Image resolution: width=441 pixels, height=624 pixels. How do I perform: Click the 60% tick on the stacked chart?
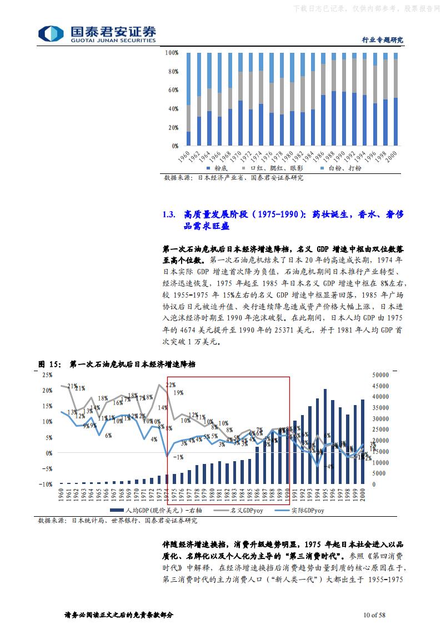[172, 90]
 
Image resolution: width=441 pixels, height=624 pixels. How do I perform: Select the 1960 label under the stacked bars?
[187, 156]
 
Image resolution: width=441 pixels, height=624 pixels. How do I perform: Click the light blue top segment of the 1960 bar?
[188, 78]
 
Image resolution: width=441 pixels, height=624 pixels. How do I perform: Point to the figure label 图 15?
[49, 364]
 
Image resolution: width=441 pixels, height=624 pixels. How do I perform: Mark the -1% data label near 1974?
[178, 457]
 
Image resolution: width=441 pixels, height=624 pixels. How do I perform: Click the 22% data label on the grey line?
[171, 385]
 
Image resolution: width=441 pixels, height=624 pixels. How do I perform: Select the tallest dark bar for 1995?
[325, 436]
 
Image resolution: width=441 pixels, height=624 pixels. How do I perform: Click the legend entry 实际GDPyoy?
[303, 510]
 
